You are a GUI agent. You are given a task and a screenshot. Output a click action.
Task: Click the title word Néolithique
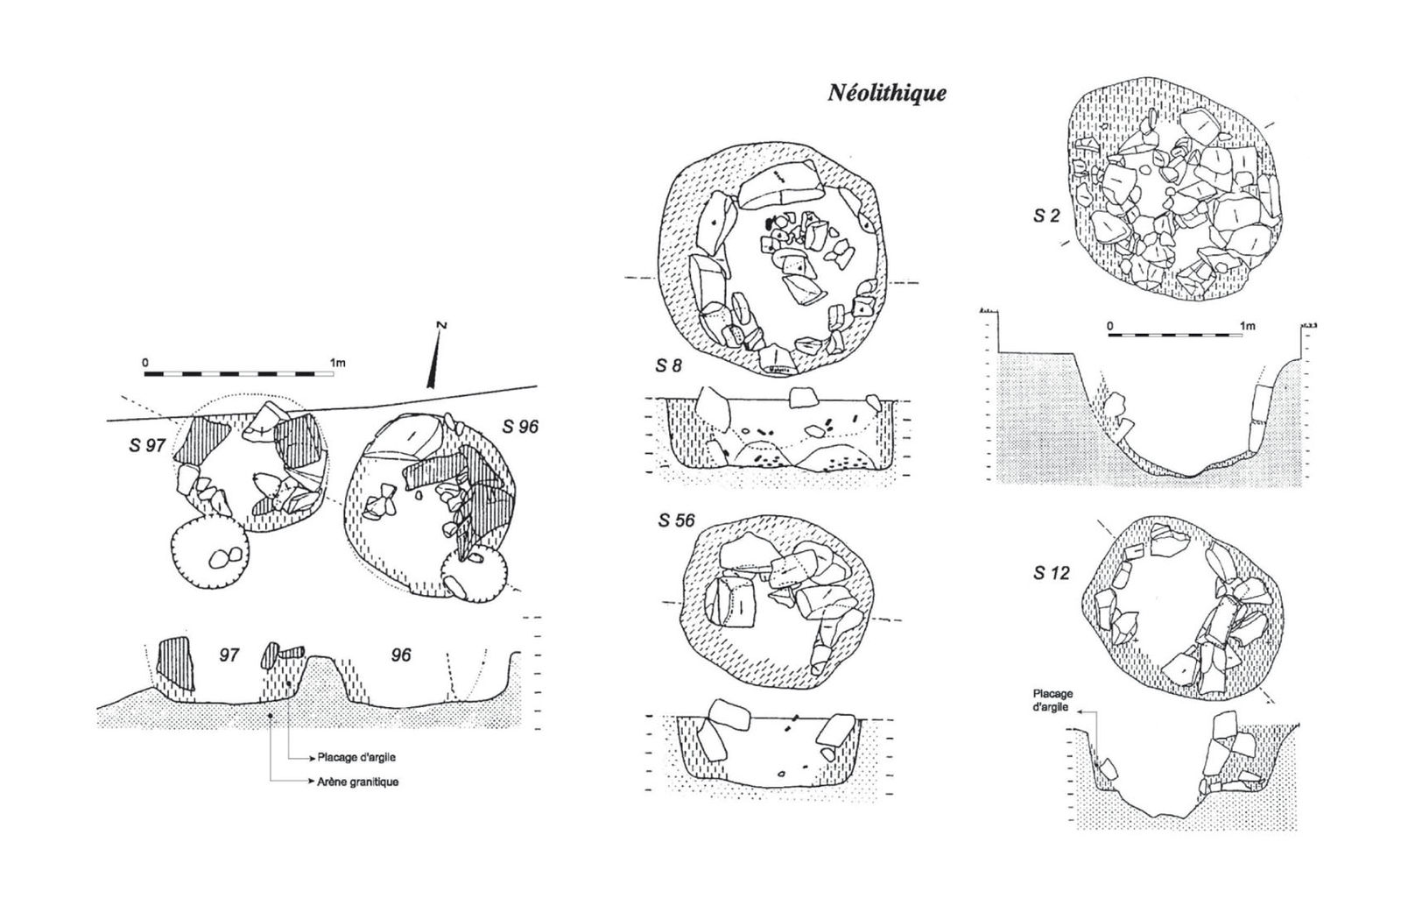[887, 93]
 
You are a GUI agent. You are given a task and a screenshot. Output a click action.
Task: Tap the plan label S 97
[148, 446]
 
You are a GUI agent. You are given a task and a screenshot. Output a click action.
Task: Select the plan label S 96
[520, 427]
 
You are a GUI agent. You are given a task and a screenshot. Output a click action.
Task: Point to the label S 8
[668, 366]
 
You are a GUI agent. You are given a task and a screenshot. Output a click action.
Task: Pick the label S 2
[1046, 216]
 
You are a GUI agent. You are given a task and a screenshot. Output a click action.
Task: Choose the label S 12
[1052, 572]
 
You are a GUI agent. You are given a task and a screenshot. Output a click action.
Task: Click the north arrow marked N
[434, 356]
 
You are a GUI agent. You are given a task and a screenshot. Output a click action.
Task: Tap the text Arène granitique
[358, 782]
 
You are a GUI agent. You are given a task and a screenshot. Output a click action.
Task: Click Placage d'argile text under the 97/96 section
[356, 758]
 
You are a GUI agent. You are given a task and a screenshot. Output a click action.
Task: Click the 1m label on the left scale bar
[338, 363]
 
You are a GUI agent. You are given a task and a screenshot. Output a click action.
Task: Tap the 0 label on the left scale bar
[145, 363]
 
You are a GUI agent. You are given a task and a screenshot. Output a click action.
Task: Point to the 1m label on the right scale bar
[1247, 326]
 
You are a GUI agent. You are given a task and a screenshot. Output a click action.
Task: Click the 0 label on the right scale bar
[1109, 326]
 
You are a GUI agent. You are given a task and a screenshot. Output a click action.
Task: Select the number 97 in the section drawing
[229, 655]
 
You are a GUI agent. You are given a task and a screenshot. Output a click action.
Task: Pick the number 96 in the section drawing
[401, 655]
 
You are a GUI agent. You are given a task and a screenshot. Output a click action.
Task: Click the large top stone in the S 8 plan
[779, 184]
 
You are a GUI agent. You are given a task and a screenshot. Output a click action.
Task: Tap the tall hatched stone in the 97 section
[173, 665]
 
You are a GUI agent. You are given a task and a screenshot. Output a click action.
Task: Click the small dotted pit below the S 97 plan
[209, 554]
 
